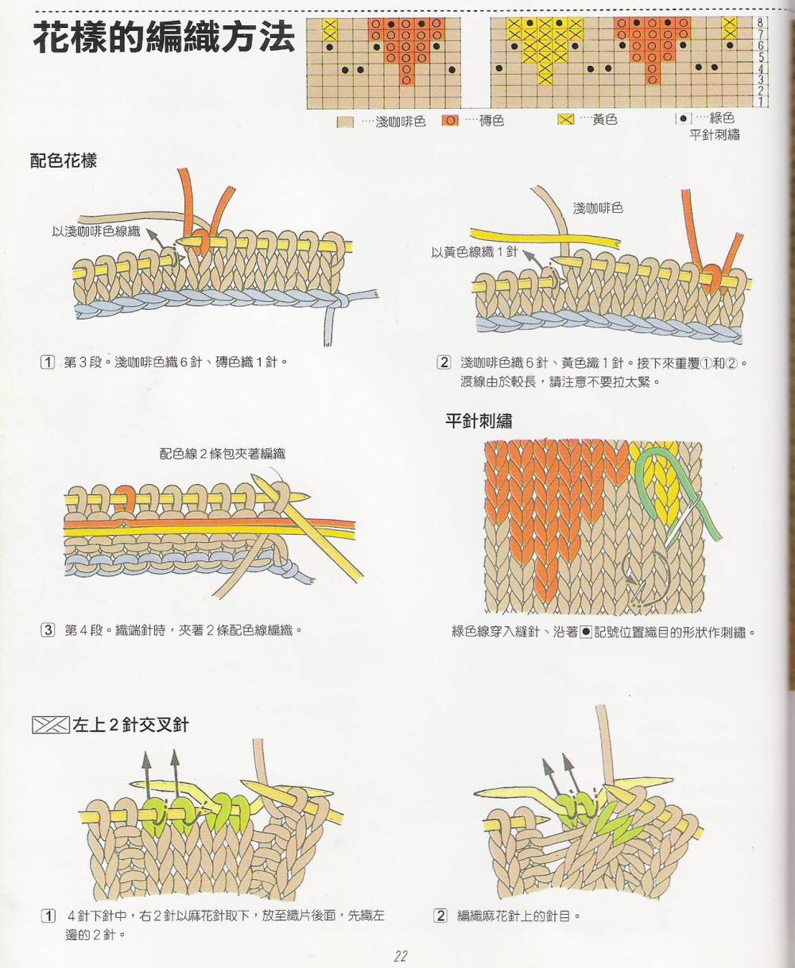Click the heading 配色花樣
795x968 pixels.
(64, 161)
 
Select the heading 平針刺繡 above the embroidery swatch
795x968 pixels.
(479, 420)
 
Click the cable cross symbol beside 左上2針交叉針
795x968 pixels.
(51, 725)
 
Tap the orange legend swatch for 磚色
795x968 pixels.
(450, 121)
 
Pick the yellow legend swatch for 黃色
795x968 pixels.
(566, 120)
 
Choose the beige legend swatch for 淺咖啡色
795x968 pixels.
(345, 122)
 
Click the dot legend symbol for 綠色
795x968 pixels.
(683, 118)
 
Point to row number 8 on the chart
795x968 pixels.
(760, 22)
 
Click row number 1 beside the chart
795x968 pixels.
(761, 102)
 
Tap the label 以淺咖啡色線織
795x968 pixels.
(95, 231)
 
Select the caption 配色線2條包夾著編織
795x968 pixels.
(223, 454)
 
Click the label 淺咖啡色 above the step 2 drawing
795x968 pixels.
(598, 208)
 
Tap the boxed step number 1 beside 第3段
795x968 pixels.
(48, 362)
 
